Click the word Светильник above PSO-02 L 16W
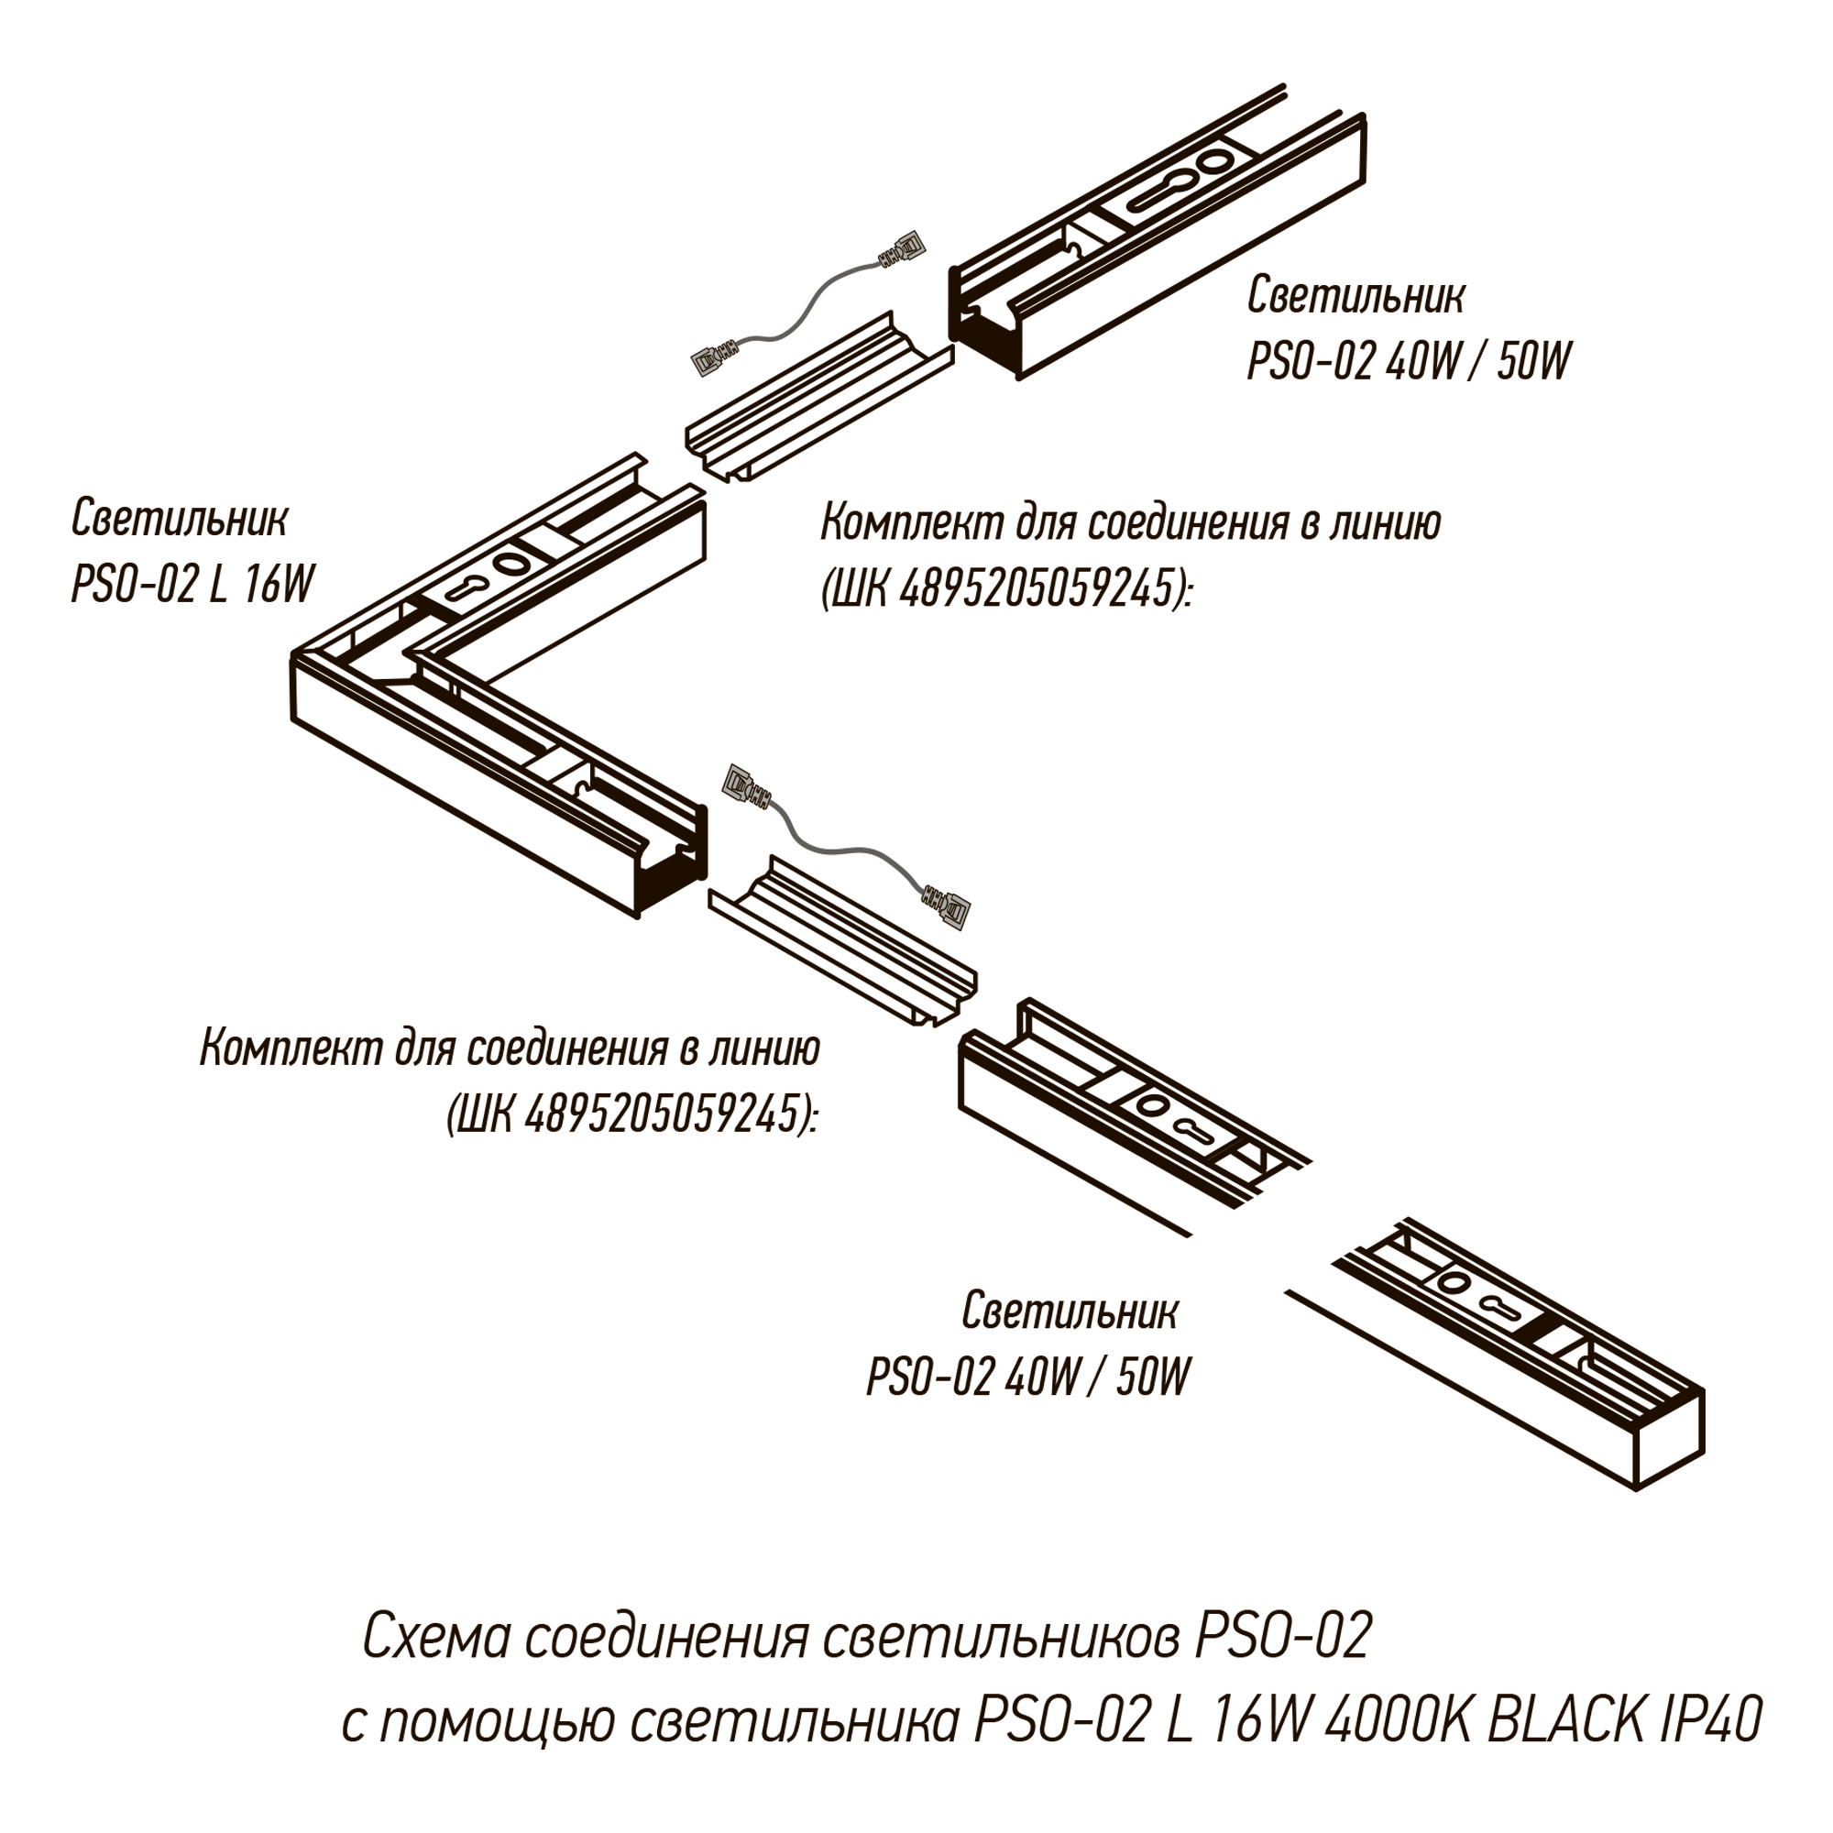pos(180,518)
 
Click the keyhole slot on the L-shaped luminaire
pos(467,587)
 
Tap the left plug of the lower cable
pos(746,786)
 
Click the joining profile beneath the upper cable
pos(818,395)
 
